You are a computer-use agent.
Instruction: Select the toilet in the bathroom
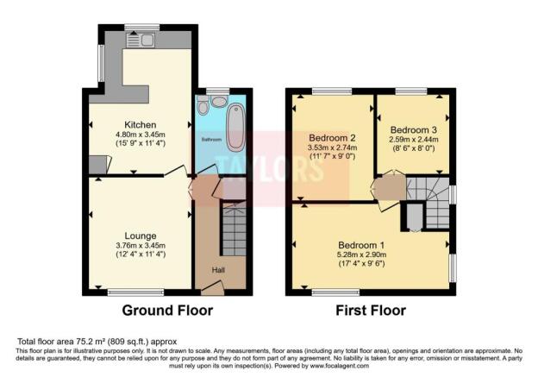[203, 105]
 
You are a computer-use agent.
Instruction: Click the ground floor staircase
[234, 229]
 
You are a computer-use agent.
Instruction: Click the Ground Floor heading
[166, 311]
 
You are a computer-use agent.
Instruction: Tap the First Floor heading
[371, 311]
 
